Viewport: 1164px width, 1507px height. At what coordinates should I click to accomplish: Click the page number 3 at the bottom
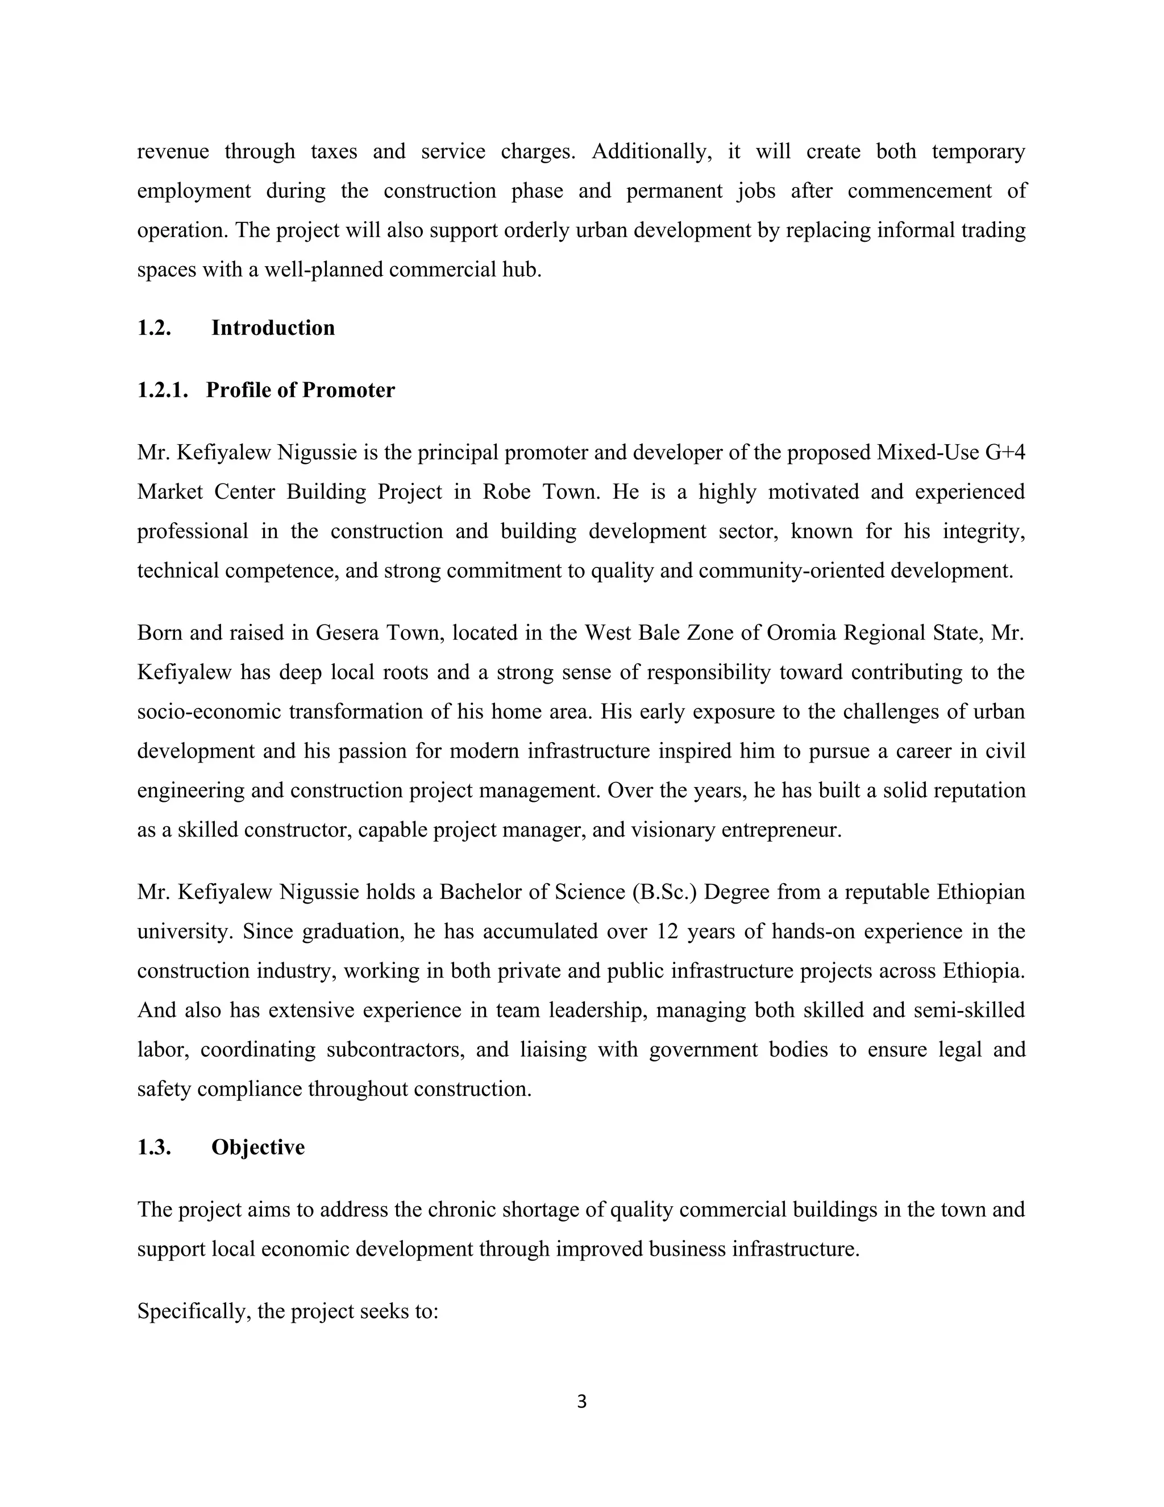click(x=581, y=1401)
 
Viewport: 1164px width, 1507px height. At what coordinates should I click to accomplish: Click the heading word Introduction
click(x=272, y=328)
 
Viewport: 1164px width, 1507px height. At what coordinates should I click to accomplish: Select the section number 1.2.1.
click(x=163, y=391)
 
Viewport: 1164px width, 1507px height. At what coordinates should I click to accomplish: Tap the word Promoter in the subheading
click(x=348, y=391)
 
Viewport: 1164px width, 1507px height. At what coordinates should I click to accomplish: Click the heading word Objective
click(x=258, y=1148)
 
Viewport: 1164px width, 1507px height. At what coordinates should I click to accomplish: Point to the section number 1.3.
click(x=154, y=1148)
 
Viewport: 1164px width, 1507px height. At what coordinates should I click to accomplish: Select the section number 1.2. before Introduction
click(x=154, y=328)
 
